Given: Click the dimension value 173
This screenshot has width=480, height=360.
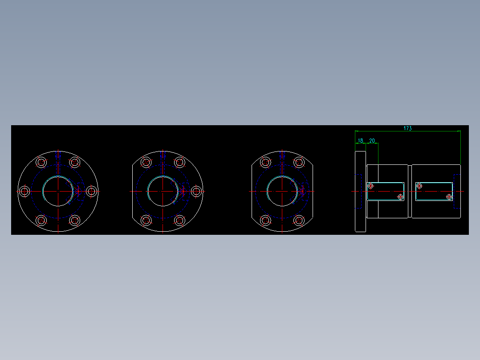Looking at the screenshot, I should [407, 128].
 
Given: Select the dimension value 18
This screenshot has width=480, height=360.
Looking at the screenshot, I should [361, 141].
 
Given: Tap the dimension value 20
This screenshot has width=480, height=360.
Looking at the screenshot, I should [372, 141].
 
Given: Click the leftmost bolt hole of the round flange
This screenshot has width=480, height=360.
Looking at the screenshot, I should [24, 191].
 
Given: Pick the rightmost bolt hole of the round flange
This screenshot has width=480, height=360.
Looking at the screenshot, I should [91, 191].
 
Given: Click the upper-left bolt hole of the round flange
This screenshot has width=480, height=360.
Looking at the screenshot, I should [41, 162].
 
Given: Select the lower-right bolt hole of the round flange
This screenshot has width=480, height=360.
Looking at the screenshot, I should [75, 220].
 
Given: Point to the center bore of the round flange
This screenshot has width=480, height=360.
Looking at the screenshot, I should [58, 191].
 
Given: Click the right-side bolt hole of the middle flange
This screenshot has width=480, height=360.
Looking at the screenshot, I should [196, 191].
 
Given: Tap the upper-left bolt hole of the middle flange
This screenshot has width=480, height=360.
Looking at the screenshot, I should [146, 162].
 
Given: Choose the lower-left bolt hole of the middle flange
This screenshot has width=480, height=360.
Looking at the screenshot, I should [146, 220].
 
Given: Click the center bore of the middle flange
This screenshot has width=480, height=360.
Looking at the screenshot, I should [163, 191].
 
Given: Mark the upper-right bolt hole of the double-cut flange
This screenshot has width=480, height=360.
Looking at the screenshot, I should [299, 162].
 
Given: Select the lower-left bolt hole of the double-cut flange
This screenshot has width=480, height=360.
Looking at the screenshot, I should [265, 220].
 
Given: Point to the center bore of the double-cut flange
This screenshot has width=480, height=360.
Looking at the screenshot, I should [282, 191].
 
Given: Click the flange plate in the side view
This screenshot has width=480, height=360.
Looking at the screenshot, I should [360, 191].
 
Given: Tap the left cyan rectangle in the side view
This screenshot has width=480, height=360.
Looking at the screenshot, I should [386, 191].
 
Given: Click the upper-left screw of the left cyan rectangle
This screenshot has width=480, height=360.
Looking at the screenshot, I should [370, 185].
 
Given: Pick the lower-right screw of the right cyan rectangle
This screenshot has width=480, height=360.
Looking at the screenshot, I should [449, 196].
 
